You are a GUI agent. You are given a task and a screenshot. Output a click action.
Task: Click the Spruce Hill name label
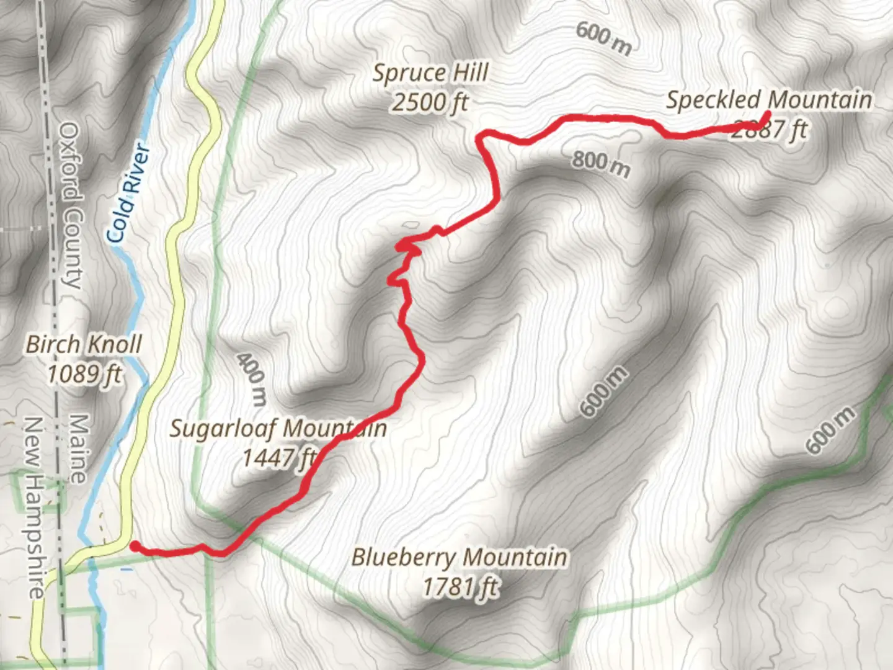tap(430, 73)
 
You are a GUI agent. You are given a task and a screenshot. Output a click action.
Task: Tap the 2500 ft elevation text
tap(429, 102)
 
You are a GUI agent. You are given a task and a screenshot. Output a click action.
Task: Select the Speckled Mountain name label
tap(769, 100)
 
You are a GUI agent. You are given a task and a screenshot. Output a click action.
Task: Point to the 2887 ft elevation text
tap(770, 130)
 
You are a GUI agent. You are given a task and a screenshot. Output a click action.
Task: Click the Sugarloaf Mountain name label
tap(278, 428)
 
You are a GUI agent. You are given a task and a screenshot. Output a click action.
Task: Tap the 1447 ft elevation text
tap(279, 458)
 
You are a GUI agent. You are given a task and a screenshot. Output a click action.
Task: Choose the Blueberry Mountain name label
tap(459, 556)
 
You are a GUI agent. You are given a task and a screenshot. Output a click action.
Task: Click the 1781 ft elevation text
tap(460, 586)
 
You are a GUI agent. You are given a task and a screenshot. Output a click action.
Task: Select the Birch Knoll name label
tap(84, 344)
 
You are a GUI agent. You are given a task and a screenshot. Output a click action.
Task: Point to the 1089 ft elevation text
tap(84, 373)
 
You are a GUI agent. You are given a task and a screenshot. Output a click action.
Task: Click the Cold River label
tap(128, 192)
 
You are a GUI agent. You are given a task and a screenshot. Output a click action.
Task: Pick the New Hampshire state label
tap(35, 507)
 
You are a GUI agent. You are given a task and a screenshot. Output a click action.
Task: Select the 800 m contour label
tap(600, 164)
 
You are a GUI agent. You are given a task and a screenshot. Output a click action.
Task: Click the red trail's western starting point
tap(134, 546)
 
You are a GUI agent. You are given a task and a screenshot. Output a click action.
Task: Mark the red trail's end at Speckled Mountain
tap(768, 114)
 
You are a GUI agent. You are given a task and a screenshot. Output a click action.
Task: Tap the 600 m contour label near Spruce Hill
tap(603, 38)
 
